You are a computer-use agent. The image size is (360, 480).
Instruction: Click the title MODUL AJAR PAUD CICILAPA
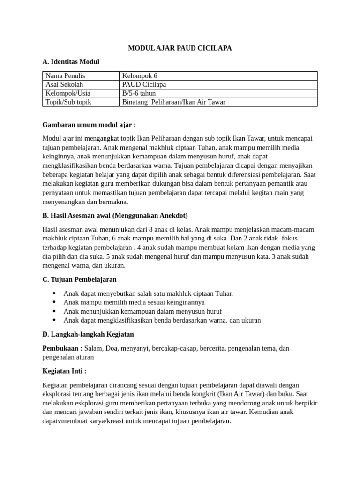coord(180,48)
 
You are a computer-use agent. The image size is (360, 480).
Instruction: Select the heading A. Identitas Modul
coord(71,62)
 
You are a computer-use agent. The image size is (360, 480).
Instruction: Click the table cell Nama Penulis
coord(65,76)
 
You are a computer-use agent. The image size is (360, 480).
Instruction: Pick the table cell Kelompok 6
coord(140,76)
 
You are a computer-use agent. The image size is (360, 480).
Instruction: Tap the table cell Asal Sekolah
coord(64,84)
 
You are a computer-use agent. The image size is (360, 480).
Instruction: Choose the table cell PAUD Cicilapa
coord(144,84)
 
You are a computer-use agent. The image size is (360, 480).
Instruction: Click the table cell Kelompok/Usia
coord(67,93)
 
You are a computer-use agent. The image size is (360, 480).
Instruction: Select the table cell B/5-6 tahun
coord(139,93)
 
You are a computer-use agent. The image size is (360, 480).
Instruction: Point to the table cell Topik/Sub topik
coord(68,102)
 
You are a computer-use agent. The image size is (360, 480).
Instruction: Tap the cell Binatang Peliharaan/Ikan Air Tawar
coord(173,102)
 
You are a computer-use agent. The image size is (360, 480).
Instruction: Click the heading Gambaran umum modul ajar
coord(89,125)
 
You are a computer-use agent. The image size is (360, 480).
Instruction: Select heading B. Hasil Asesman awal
coord(115,216)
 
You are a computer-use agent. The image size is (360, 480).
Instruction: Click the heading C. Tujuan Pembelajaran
coord(79,279)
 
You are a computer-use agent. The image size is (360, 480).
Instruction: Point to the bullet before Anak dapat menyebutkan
coord(54,293)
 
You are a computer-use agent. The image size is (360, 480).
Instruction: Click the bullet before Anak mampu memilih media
coord(54,302)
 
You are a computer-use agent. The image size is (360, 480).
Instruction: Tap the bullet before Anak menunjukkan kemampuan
coord(54,311)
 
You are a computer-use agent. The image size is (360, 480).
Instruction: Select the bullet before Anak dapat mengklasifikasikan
coord(54,320)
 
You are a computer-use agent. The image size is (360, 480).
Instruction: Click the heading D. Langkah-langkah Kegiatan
coord(88,334)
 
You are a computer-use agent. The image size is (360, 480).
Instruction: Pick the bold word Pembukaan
coord(62,348)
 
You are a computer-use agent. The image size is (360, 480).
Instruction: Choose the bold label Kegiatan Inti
coord(64,371)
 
